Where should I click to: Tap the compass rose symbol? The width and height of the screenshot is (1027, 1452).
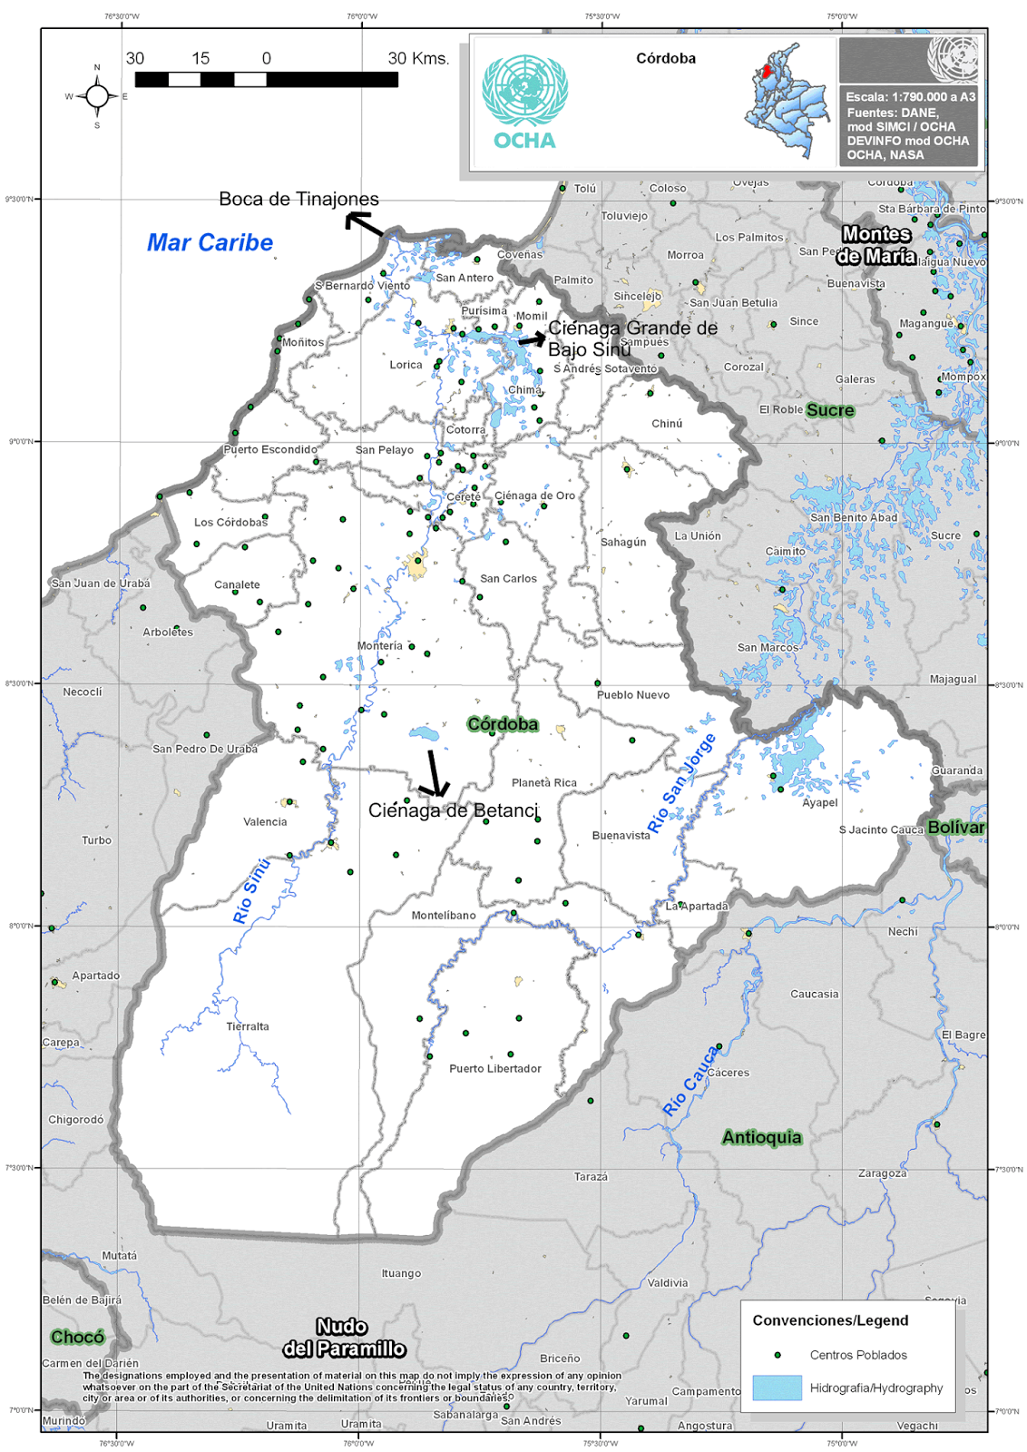(x=97, y=95)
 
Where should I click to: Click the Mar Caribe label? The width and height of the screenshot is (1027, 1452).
(x=210, y=242)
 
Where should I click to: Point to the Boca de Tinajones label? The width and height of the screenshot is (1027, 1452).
(x=298, y=199)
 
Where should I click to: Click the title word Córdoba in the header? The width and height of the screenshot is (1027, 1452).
(x=665, y=58)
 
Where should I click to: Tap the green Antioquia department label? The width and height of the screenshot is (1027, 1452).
(x=761, y=1137)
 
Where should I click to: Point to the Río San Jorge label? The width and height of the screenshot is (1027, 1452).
(x=681, y=782)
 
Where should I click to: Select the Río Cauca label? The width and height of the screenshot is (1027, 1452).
(x=690, y=1081)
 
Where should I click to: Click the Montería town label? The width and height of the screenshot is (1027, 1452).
(x=379, y=646)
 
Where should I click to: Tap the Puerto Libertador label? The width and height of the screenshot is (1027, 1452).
(x=494, y=1068)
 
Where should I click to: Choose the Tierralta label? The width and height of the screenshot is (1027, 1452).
(x=247, y=1026)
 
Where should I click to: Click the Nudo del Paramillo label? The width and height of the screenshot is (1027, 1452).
(x=343, y=1338)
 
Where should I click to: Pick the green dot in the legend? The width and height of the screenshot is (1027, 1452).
(x=777, y=1355)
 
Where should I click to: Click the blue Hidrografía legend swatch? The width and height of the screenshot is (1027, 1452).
(x=777, y=1388)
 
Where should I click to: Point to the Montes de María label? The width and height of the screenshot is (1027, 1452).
(x=875, y=245)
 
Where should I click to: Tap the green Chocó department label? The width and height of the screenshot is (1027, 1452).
(x=77, y=1337)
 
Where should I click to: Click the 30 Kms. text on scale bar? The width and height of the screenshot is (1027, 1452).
(x=418, y=58)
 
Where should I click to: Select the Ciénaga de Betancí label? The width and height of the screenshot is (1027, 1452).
(x=453, y=810)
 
